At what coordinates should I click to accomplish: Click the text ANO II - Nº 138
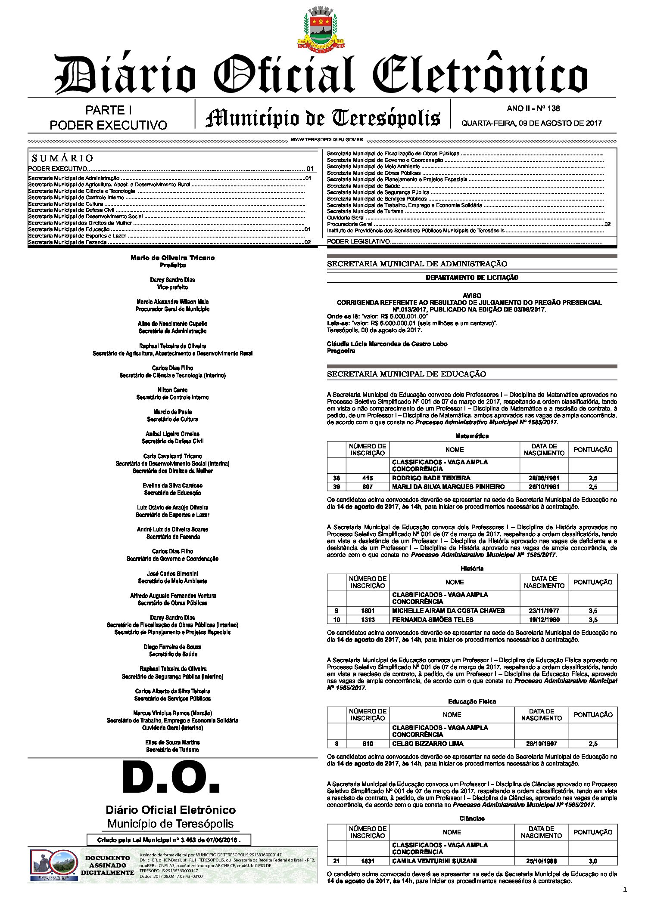tap(533, 108)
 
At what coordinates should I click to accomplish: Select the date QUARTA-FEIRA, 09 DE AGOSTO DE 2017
tap(531, 123)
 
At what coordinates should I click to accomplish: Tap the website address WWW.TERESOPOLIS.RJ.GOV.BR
tap(327, 140)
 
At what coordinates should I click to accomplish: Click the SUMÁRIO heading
tap(62, 158)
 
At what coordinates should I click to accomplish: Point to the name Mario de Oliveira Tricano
tap(172, 258)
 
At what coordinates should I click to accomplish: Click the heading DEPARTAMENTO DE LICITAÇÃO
tap(472, 278)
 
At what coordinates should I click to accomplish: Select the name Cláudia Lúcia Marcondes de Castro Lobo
tap(387, 344)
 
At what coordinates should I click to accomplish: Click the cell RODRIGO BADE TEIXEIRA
tap(431, 478)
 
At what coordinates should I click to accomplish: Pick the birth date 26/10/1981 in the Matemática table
tap(544, 487)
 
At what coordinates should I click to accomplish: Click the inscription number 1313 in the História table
tap(368, 620)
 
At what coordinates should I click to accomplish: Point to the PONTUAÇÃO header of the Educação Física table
tap(592, 714)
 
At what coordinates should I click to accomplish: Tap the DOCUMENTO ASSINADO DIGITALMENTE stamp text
tap(107, 865)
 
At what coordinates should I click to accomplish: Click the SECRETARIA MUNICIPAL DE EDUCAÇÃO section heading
tap(406, 374)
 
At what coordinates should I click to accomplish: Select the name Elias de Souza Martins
tap(172, 742)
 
